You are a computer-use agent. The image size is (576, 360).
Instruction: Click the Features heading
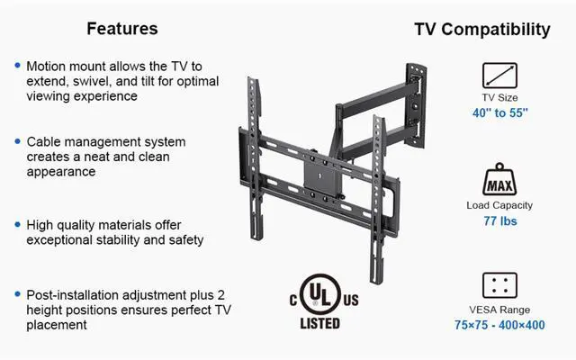tap(121, 29)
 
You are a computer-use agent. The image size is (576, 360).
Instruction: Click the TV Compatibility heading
tap(481, 29)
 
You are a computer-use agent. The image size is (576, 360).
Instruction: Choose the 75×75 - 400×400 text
tap(499, 325)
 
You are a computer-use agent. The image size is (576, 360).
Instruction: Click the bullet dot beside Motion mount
tap(18, 67)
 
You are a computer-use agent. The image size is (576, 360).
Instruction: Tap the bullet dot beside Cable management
tap(18, 142)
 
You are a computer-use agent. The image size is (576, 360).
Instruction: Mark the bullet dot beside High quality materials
tap(18, 225)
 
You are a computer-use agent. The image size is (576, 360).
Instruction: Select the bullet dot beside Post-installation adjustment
tap(18, 294)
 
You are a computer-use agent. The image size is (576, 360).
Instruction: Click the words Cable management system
tap(106, 142)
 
